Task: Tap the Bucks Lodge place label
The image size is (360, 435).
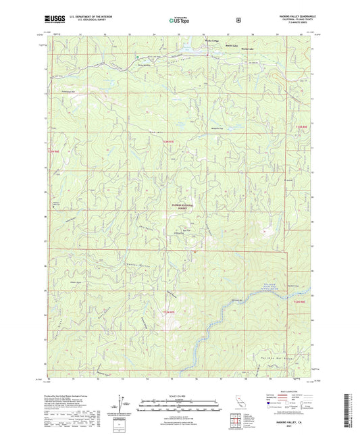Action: [x=211, y=42]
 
